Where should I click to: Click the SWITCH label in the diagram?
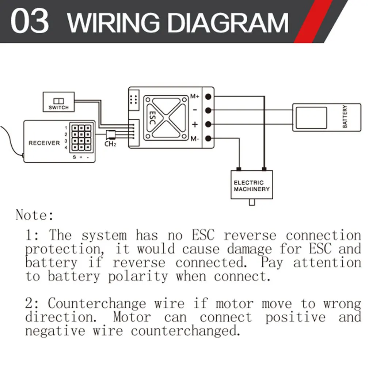tap(58, 107)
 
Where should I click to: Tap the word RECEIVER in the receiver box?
tap(44, 143)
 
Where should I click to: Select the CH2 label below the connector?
tap(110, 144)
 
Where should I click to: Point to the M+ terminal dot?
tap(208, 97)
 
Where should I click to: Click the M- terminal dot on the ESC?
tap(208, 138)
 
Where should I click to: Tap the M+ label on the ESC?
tap(195, 97)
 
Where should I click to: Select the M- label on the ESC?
tap(195, 138)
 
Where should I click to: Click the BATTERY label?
tap(345, 117)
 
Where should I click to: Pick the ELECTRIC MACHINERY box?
tap(252, 185)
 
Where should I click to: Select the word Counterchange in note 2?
tap(97, 304)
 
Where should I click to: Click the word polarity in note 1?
tap(138, 276)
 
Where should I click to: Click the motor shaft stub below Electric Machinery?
tap(251, 202)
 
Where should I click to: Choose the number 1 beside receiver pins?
tap(66, 128)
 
